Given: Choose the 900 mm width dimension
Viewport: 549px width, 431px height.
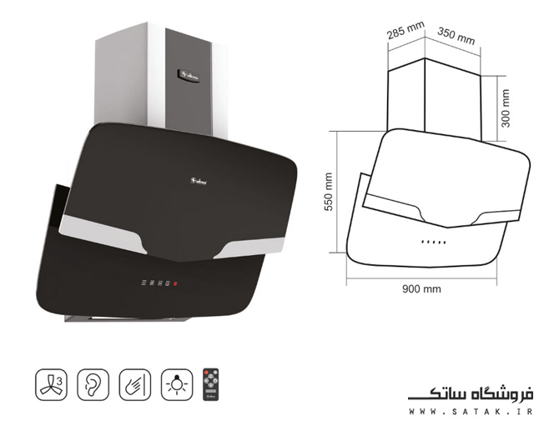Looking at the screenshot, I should [421, 288].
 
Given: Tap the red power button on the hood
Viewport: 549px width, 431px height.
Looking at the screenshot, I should [175, 285].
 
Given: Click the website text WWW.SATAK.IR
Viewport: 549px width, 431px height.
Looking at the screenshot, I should [471, 410].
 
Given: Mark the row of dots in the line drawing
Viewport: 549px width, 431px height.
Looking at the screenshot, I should [433, 242].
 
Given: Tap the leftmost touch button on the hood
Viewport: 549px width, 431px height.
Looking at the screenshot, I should [144, 284].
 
